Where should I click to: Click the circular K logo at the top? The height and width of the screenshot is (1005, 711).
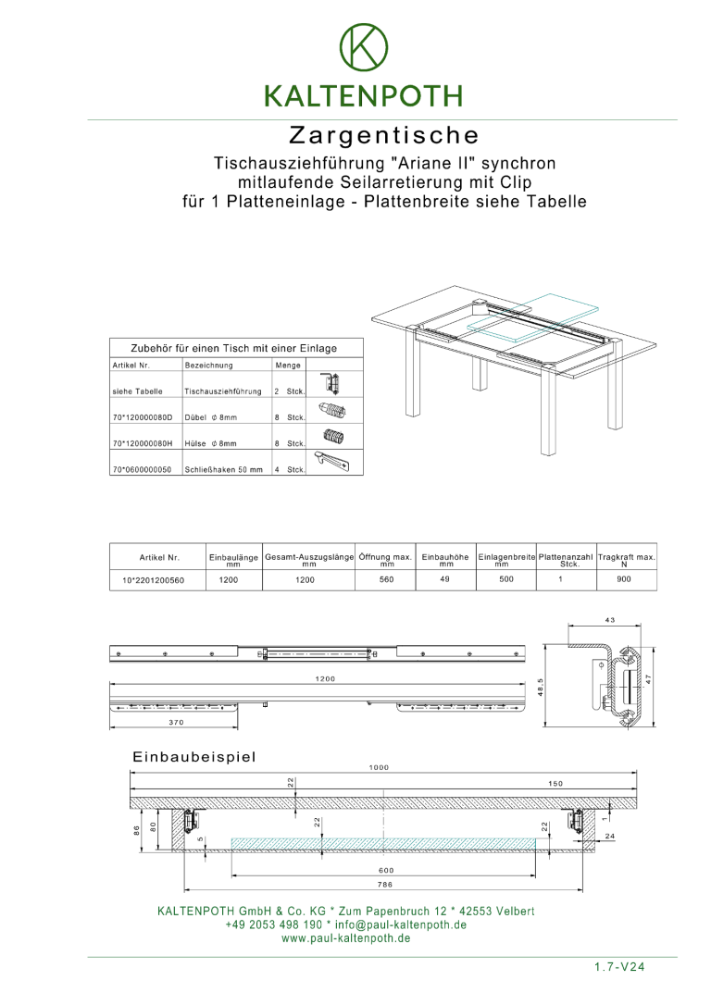click(364, 46)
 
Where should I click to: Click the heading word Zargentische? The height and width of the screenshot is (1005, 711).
click(384, 135)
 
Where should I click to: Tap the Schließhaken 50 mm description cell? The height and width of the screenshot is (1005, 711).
click(224, 469)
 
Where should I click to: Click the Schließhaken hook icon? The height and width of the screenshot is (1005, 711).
click(334, 461)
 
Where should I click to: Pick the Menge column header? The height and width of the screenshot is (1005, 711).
click(288, 366)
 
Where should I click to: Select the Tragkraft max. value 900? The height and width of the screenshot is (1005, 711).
click(624, 579)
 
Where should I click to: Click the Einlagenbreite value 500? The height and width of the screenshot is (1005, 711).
click(505, 579)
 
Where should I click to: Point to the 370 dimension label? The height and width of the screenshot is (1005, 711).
click(175, 723)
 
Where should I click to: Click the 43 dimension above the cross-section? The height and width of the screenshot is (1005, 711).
click(609, 620)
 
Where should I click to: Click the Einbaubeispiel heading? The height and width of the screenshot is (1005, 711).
click(193, 757)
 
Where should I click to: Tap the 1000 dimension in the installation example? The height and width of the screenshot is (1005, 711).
click(379, 767)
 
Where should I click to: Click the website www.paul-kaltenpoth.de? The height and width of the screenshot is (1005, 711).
click(345, 938)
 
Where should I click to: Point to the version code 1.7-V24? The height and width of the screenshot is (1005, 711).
click(619, 967)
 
